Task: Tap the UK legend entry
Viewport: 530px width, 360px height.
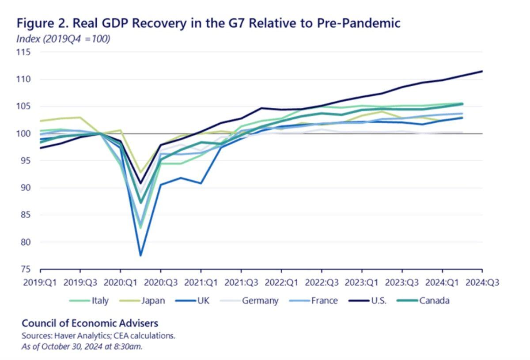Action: [197, 301]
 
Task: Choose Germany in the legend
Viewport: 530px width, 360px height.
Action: [253, 301]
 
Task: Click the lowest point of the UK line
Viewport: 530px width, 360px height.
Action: [140, 255]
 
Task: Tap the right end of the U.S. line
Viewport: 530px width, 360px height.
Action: [482, 71]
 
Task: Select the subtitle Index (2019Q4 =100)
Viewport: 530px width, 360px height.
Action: [63, 39]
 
